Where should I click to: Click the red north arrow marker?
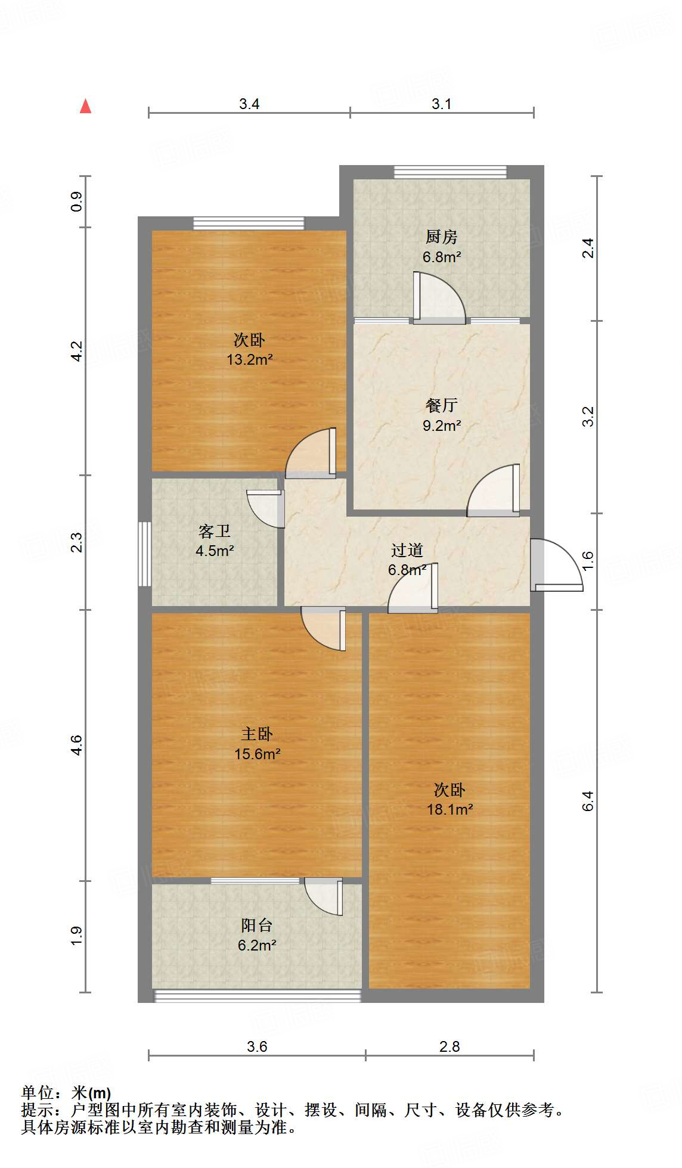coord(86,107)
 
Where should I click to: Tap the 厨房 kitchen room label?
coord(441,237)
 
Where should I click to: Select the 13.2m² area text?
coord(249,360)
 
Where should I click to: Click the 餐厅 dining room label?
coord(441,406)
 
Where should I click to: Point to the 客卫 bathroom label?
coord(214,531)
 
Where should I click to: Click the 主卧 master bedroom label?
coord(257,734)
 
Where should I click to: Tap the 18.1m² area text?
coord(449,810)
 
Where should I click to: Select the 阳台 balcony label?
coord(257,925)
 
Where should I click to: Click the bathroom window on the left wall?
coord(144,554)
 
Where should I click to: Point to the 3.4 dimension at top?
coord(249,104)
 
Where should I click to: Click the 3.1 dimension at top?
coord(441,104)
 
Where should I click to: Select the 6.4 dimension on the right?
coord(588,801)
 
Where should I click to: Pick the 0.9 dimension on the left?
coord(76,201)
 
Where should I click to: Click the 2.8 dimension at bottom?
coord(449,1047)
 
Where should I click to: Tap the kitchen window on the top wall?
coord(450,172)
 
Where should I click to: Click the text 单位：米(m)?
coord(66,1093)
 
